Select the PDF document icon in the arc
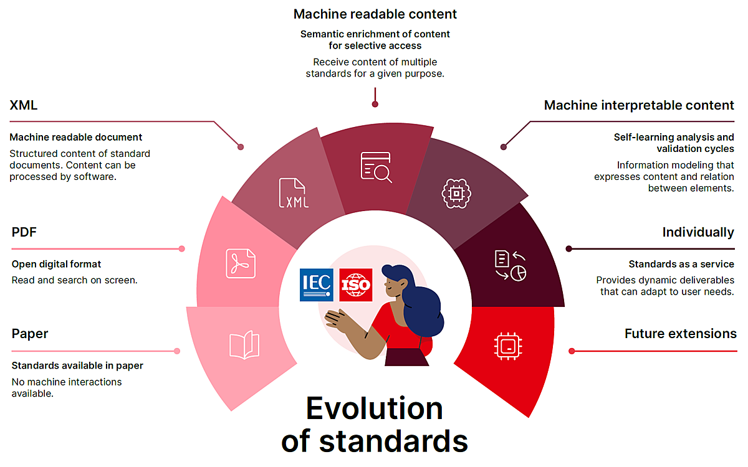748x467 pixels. [x=241, y=263]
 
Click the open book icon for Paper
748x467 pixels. [x=244, y=346]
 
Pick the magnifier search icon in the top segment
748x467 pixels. [x=376, y=167]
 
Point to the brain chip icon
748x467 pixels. [x=456, y=193]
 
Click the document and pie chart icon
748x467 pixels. [x=510, y=265]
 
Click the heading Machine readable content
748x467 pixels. [x=375, y=14]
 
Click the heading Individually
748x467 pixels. [x=698, y=232]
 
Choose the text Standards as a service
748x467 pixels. [x=681, y=264]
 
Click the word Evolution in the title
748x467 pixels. [x=375, y=409]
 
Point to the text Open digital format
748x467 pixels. [x=56, y=264]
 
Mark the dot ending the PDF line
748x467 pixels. [x=181, y=248]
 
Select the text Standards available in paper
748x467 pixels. [x=77, y=366]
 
